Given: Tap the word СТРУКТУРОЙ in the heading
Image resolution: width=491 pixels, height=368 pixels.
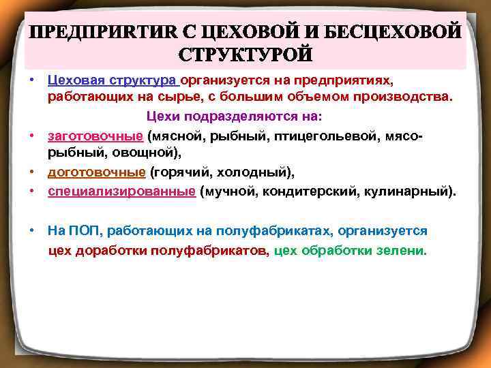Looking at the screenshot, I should point(245,53).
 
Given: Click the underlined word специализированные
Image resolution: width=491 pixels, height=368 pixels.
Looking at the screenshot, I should point(121,191).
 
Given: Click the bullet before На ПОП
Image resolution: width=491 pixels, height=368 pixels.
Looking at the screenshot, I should point(32,231).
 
